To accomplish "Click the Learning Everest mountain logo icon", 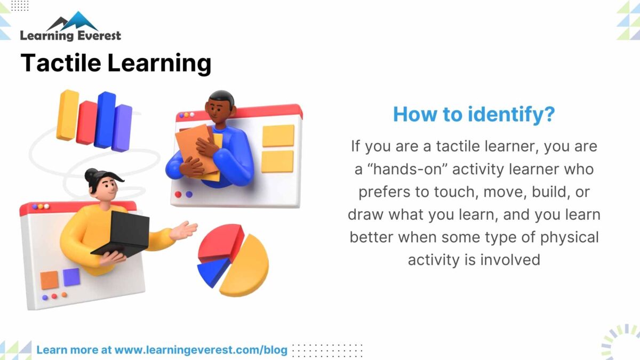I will (x=73, y=21).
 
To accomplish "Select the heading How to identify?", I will (x=474, y=114).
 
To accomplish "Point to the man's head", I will (x=221, y=107).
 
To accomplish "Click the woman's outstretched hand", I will (x=185, y=231).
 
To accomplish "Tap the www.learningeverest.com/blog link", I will (x=201, y=350).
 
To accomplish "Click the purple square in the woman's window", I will (x=71, y=277).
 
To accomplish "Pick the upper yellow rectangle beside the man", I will (x=278, y=135).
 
